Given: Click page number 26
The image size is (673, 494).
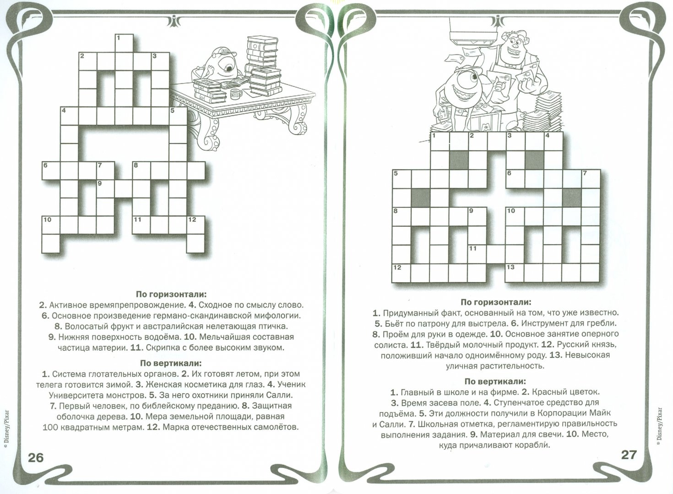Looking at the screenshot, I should (x=36, y=457).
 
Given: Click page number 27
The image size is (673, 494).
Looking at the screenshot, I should (x=629, y=455).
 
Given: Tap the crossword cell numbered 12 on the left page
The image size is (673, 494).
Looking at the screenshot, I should (x=195, y=225).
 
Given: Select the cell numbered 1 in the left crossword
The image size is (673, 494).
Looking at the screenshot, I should (x=124, y=43).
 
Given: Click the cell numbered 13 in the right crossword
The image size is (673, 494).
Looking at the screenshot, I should (x=515, y=273).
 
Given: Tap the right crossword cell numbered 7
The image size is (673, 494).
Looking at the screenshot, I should (x=590, y=179).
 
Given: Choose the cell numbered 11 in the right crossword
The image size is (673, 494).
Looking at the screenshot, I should (x=477, y=254).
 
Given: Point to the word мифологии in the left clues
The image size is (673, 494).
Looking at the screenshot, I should (x=279, y=315).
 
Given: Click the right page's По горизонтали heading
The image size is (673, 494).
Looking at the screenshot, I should (x=496, y=302).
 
